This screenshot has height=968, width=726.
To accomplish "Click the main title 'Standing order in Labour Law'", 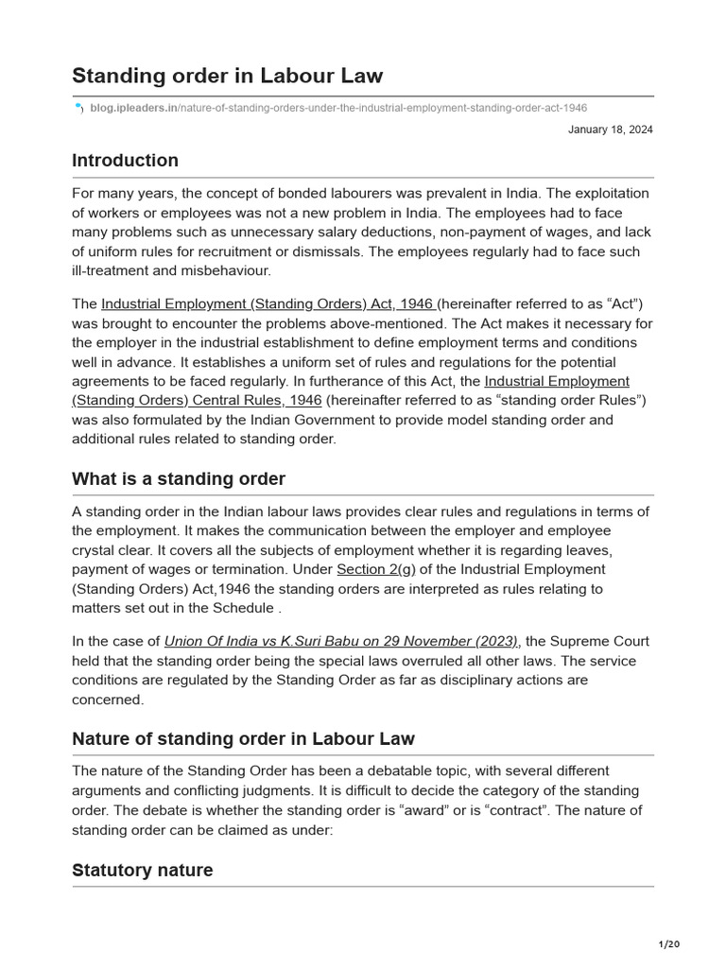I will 227,76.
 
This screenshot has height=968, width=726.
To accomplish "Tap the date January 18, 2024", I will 610,130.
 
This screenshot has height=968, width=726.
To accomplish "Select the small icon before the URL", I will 78,109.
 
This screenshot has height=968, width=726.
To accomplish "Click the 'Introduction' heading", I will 125,160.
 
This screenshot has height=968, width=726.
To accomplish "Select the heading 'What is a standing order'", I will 179,478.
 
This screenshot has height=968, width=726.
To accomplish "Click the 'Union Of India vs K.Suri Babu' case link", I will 341,641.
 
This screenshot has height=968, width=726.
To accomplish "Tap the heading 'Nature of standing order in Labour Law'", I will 243,738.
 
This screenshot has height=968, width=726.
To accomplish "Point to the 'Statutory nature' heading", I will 142,870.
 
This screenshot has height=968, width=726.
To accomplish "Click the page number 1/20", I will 668,943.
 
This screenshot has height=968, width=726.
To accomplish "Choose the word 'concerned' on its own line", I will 107,700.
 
